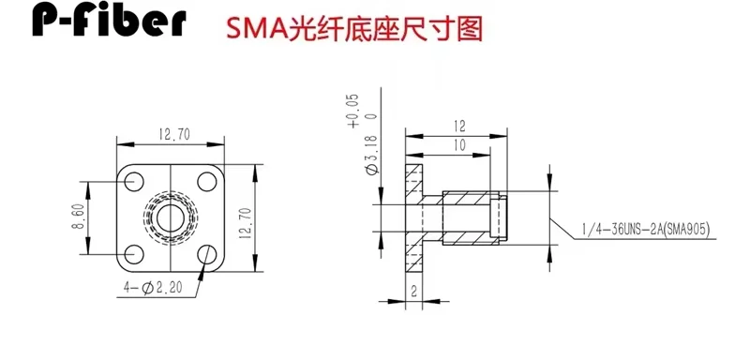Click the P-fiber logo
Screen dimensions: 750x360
(109, 20)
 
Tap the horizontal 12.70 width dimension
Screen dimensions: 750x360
(174, 135)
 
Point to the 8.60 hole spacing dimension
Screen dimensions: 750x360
(79, 217)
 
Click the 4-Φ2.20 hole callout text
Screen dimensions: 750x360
(153, 288)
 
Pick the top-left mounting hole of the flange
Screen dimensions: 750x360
(134, 182)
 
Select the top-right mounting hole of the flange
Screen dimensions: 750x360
(207, 182)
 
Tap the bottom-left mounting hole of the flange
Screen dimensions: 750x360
(134, 254)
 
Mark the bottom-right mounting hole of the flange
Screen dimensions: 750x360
(207, 254)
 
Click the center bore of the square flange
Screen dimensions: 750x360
(171, 218)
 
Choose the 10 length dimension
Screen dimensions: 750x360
(458, 145)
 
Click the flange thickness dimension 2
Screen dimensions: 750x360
(414, 292)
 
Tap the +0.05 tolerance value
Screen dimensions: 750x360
(354, 111)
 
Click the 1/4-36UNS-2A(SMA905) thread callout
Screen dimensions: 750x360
(646, 230)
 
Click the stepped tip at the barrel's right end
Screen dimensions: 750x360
(499, 218)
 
